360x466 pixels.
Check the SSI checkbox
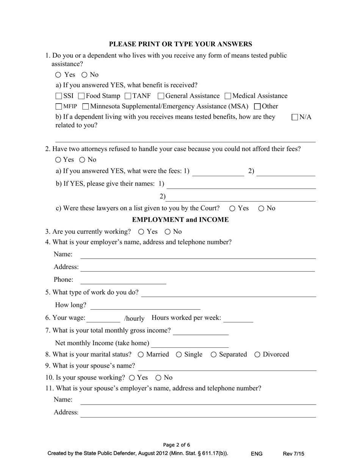pos(59,96)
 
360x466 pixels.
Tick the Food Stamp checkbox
pos(81,96)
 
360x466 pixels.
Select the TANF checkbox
pos(128,96)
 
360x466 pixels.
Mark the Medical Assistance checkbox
pos(228,96)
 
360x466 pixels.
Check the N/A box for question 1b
pos(295,117)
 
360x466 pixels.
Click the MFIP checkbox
pos(59,107)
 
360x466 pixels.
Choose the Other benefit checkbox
pos(257,107)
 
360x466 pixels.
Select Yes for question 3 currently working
pos(141,232)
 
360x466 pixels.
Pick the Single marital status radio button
pos(179,355)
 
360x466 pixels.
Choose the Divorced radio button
pos(257,355)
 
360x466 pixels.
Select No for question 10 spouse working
pos(158,378)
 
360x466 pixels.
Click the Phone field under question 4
pos(123,280)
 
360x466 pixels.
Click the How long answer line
pos(145,306)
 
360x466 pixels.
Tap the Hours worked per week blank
pos(238,319)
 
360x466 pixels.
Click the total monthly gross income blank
pos(200,332)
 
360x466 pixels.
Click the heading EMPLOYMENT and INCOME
pos(180,220)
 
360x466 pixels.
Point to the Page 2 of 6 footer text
pos(177,445)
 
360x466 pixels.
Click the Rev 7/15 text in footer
pos(293,453)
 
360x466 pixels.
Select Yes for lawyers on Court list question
pos(232,208)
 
